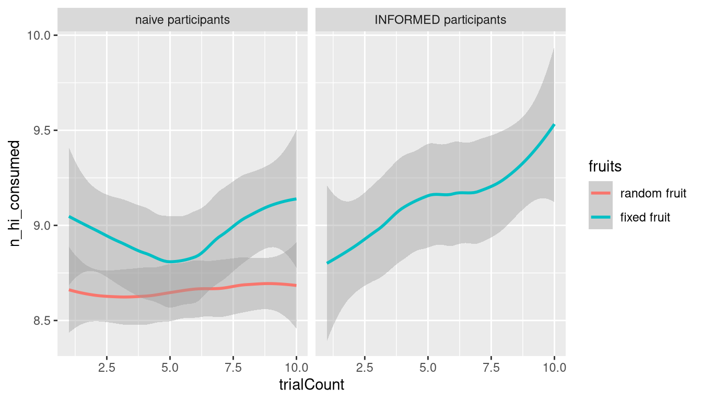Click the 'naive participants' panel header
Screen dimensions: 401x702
tap(182, 20)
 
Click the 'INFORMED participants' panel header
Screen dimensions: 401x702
tap(440, 20)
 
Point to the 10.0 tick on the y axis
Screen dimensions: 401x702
tap(40, 36)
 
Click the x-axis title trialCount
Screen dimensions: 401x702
tap(311, 385)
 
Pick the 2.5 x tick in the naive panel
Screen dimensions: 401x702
tap(107, 367)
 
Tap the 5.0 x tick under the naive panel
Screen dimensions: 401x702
tap(170, 367)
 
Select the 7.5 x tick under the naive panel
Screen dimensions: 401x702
tap(233, 367)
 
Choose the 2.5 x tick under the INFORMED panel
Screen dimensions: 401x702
tap(365, 367)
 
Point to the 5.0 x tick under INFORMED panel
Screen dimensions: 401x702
tap(428, 367)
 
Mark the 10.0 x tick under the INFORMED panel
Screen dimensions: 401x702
tap(554, 367)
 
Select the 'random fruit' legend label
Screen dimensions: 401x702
tap(653, 194)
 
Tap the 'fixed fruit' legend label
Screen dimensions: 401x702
tap(645, 217)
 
